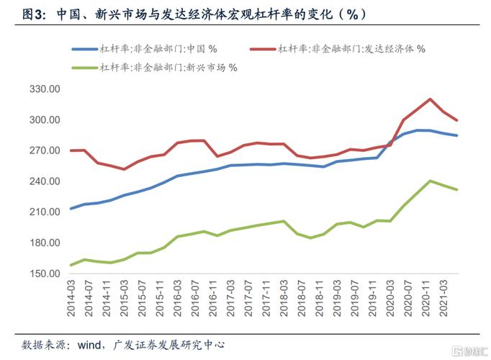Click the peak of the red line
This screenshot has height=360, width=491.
click(430, 99)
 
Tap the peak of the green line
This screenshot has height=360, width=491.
click(430, 181)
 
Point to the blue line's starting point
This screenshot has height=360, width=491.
click(71, 209)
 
